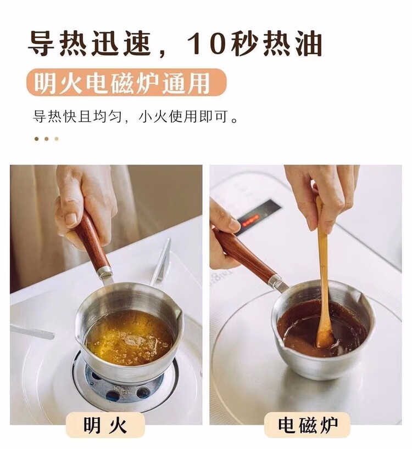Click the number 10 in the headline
pyautogui.click(x=205, y=44)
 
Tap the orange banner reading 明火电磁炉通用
pyautogui.click(x=126, y=82)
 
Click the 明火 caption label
pyautogui.click(x=105, y=425)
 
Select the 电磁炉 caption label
pyautogui.click(x=308, y=425)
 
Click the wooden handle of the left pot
pyautogui.click(x=90, y=239)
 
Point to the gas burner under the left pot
pyautogui.click(x=124, y=384)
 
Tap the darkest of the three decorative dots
pyautogui.click(x=36, y=139)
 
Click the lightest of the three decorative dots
pyautogui.click(x=57, y=139)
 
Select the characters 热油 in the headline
pyautogui.click(x=293, y=44)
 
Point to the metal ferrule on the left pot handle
pyautogui.click(x=105, y=272)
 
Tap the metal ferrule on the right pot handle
pyautogui.click(x=276, y=281)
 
